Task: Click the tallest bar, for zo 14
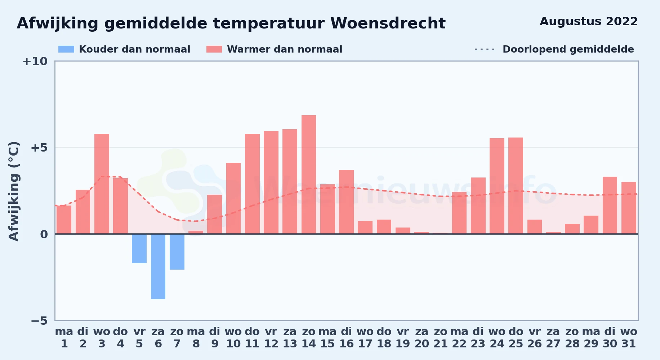point(309,175)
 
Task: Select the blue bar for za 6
point(158,266)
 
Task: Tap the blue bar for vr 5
point(139,248)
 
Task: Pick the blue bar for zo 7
point(177,252)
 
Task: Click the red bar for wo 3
point(102,184)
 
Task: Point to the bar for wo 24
point(497,186)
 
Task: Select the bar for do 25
point(516,186)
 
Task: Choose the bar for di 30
point(610,205)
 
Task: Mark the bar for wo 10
point(233,198)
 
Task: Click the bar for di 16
point(346,202)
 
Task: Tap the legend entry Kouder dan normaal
point(124,49)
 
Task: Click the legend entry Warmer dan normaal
point(274,49)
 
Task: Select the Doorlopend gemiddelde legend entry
point(554,49)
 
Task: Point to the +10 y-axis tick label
point(35,61)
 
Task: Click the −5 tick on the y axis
point(39,320)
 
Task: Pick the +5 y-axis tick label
point(39,148)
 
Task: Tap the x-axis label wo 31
point(629,338)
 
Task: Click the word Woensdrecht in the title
point(388,23)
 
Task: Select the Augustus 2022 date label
point(589,22)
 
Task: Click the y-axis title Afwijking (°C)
point(14,191)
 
